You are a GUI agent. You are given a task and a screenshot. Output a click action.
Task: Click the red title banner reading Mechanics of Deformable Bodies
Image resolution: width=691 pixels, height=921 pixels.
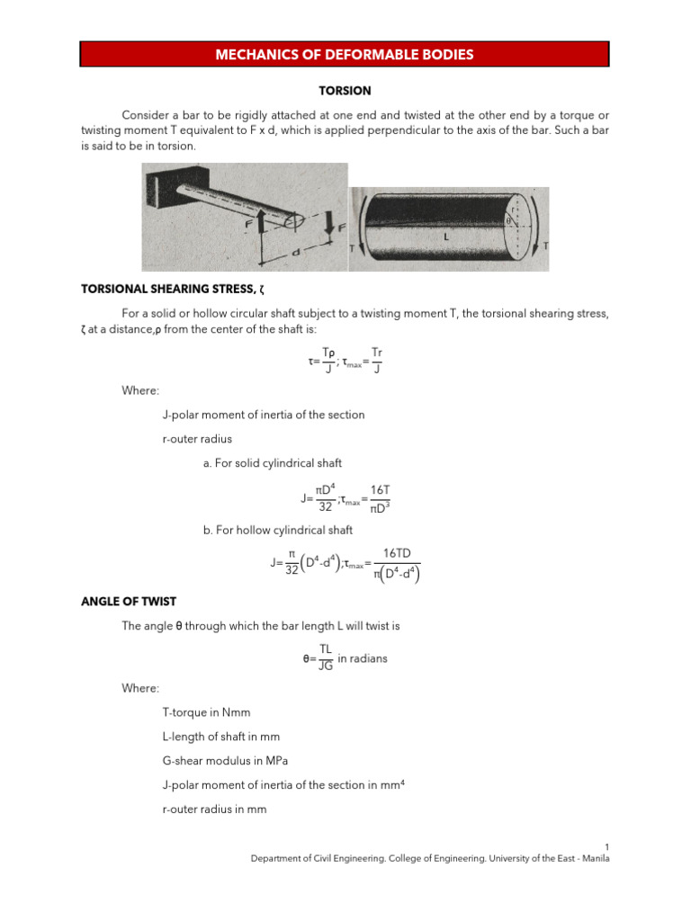point(345,55)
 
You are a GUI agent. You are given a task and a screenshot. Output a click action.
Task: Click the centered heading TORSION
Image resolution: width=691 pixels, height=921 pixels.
point(345,91)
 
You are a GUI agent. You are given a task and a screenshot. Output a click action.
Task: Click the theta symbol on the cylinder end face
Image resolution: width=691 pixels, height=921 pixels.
point(509,219)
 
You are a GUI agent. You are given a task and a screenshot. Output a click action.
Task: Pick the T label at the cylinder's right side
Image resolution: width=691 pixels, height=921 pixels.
point(547,246)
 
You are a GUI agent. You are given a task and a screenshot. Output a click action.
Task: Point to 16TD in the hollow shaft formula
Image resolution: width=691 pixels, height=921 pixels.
point(396,553)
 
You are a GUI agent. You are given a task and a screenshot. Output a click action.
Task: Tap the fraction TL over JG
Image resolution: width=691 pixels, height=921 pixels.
point(326,658)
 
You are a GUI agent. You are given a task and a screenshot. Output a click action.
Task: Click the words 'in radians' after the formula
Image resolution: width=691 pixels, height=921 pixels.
point(363,658)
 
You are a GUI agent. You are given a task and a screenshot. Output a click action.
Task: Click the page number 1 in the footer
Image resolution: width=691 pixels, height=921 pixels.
point(607,847)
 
